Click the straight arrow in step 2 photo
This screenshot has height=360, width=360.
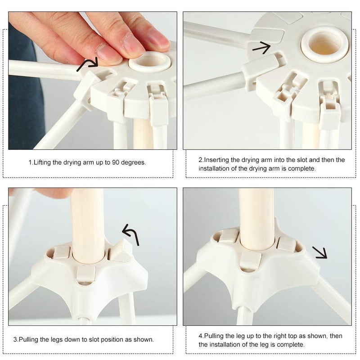point(262,48)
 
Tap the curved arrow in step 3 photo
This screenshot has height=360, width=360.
point(131,233)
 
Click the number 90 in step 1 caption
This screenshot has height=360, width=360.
point(116,162)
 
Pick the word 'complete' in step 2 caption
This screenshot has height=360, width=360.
point(301,169)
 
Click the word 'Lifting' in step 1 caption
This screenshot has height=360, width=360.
point(42,162)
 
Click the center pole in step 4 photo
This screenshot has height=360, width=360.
point(256,218)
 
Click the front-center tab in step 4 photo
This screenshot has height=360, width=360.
point(250,262)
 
